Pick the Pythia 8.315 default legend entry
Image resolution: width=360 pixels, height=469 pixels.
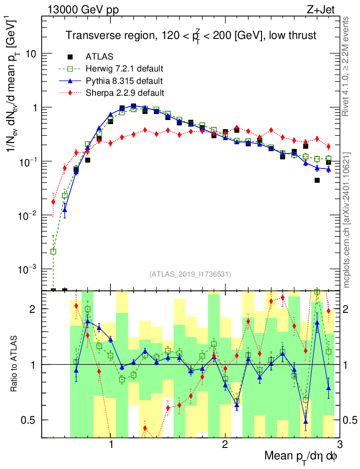[x=124, y=81]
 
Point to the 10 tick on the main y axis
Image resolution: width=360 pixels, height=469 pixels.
[x=31, y=54]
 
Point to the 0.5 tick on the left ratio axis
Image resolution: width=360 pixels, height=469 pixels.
[x=30, y=420]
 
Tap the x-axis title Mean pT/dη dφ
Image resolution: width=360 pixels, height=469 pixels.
[x=301, y=457]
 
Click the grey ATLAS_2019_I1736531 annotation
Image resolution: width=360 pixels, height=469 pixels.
[x=190, y=275]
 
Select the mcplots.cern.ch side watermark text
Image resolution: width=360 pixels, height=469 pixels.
[x=347, y=219]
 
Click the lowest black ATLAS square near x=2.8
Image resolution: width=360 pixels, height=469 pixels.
[x=317, y=180]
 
